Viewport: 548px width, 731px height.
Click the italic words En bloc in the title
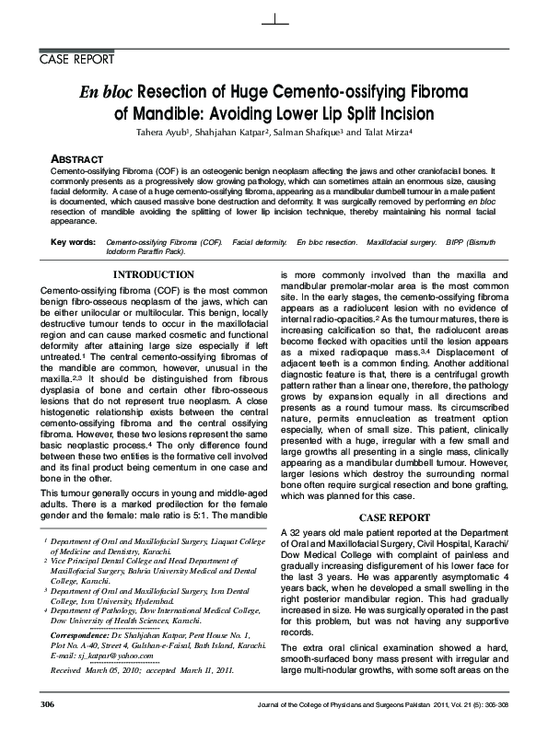105,92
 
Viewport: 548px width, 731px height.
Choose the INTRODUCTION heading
153,274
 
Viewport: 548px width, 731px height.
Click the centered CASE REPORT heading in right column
391,517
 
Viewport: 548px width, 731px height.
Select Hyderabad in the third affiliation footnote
191,598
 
